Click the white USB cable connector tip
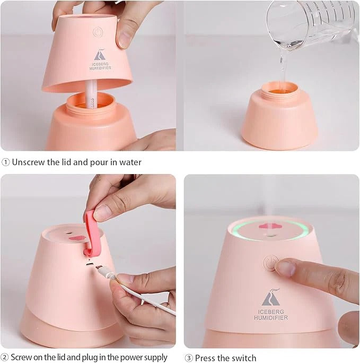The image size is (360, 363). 104,271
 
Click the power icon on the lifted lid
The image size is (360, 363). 98,32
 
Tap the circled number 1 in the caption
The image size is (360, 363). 5,162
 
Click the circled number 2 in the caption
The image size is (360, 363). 5,357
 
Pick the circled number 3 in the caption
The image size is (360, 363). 188,358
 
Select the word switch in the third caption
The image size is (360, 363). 244,358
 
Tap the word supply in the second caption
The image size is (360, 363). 154,358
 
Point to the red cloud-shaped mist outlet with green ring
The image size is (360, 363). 270,228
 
